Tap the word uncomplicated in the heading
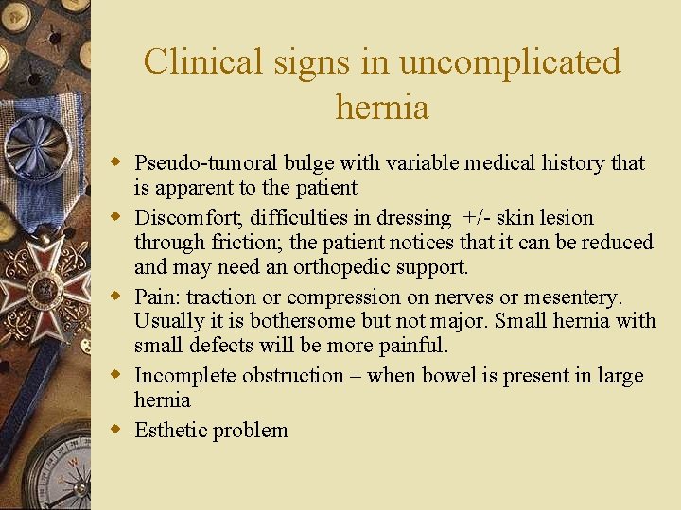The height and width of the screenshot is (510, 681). tap(510, 62)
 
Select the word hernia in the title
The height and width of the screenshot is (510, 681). tap(382, 107)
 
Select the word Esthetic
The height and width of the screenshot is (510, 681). tap(171, 431)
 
